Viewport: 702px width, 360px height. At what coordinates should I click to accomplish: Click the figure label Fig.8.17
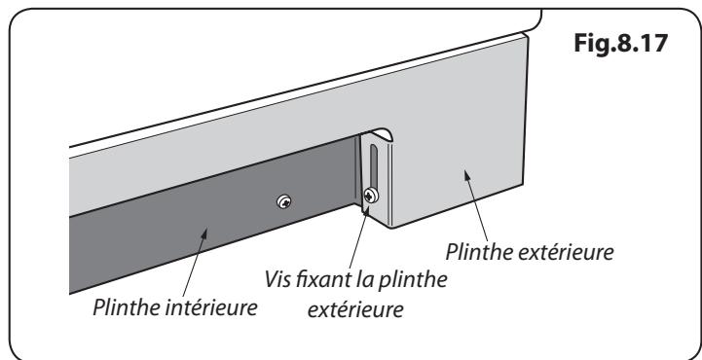[x=620, y=44]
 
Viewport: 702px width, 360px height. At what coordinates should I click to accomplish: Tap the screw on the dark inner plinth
[x=284, y=201]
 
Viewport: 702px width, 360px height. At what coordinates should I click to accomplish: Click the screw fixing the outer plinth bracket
[x=371, y=195]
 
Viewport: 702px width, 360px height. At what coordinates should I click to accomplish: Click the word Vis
[x=277, y=280]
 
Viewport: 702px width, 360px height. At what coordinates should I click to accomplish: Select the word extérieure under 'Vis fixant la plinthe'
[x=355, y=309]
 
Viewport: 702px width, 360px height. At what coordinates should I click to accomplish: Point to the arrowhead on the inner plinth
[x=203, y=234]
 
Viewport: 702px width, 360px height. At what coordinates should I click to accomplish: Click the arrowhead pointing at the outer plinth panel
[x=468, y=176]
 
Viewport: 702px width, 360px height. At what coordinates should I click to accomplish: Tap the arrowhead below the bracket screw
[x=366, y=210]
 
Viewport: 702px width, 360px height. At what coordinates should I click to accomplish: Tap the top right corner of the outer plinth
[x=528, y=35]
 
